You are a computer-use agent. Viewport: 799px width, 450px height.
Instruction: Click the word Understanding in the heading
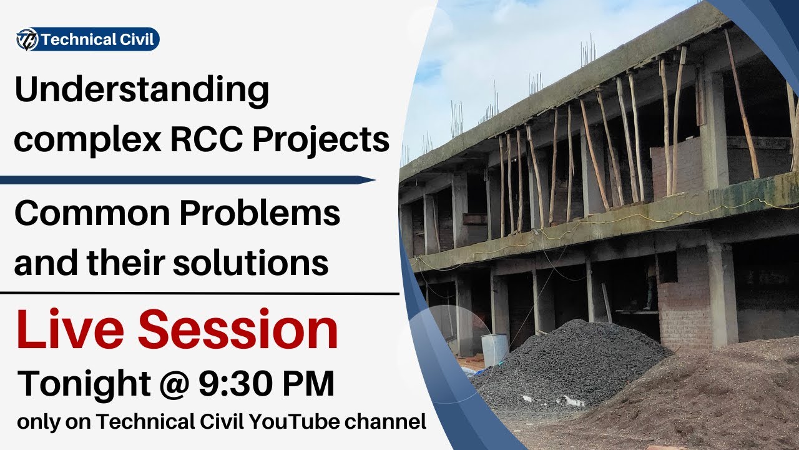[x=142, y=91]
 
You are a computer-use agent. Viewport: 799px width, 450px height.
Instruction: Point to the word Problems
[x=261, y=214]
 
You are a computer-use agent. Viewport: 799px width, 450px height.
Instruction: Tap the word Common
[x=89, y=214]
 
